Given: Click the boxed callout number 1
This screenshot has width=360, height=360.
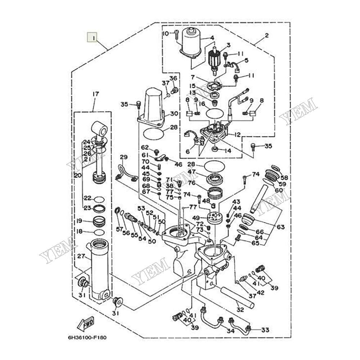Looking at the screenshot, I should (x=93, y=37).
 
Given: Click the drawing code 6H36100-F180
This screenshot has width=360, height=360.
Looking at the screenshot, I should (x=86, y=338).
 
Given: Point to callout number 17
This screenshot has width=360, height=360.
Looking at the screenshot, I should (x=95, y=94).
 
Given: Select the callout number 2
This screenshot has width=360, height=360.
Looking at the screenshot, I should (x=267, y=35).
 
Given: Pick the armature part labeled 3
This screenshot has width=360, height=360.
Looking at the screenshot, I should (x=215, y=59).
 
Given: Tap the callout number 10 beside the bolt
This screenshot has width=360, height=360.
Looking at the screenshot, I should (x=166, y=34).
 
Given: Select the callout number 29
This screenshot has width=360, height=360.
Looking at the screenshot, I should (x=124, y=157).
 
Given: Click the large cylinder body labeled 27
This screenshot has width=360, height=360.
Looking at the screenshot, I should (x=100, y=268).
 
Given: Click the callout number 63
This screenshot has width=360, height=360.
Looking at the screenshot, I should (x=280, y=227).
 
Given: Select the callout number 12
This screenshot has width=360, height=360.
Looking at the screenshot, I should (x=237, y=135).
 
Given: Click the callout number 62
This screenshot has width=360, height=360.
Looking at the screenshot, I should (x=145, y=148).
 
